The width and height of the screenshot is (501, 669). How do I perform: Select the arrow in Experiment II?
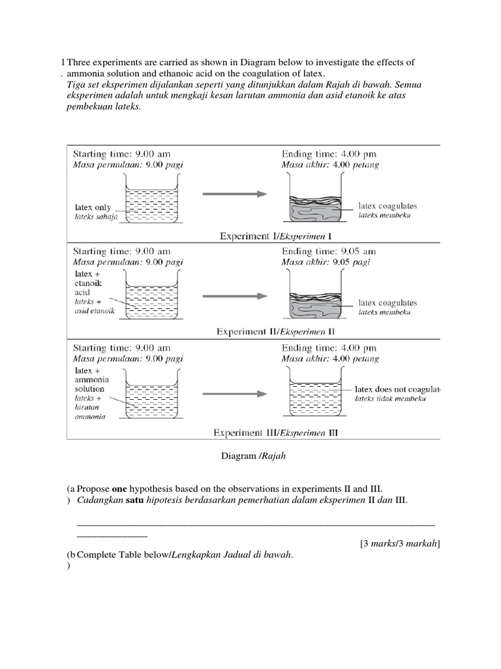tap(234, 296)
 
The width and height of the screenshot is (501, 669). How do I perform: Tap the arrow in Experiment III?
tap(234, 394)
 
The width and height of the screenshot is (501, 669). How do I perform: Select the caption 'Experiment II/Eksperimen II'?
tap(275, 332)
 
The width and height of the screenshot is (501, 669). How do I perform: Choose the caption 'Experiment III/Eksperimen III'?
tap(276, 432)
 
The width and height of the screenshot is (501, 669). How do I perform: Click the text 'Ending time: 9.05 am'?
tap(329, 252)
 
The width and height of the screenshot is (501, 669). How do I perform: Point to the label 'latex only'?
tap(94, 207)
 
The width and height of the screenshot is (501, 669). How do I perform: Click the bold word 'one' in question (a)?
tap(121, 489)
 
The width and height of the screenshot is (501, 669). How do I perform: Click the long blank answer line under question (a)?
tap(256, 523)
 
